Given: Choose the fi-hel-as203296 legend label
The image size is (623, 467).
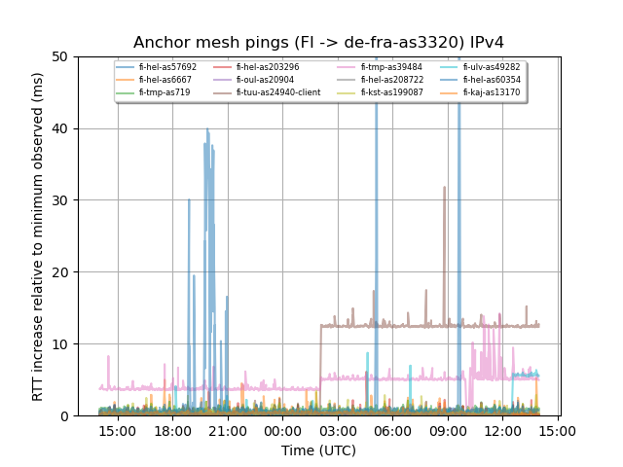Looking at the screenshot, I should point(267,67).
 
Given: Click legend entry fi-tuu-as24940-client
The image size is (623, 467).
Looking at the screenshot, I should point(277,92).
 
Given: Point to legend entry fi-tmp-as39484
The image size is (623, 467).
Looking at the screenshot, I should point(390,67).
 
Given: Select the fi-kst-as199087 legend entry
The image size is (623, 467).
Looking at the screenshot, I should point(391,92).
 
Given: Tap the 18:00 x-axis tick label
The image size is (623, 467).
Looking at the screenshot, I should point(172,430).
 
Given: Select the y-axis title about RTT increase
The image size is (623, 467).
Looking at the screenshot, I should point(38,236).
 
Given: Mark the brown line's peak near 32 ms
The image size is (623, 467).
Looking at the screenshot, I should point(445,188).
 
